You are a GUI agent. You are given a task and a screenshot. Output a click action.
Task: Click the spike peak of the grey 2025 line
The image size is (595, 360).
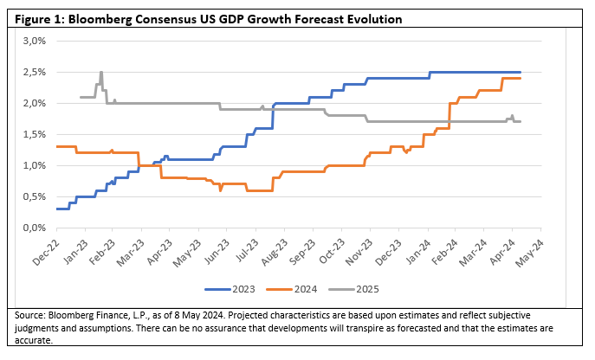tap(101, 72)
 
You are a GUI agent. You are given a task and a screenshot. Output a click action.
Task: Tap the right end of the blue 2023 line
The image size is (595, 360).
tap(521, 72)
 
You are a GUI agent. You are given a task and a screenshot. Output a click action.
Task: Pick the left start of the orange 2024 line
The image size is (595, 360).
tap(56, 146)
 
